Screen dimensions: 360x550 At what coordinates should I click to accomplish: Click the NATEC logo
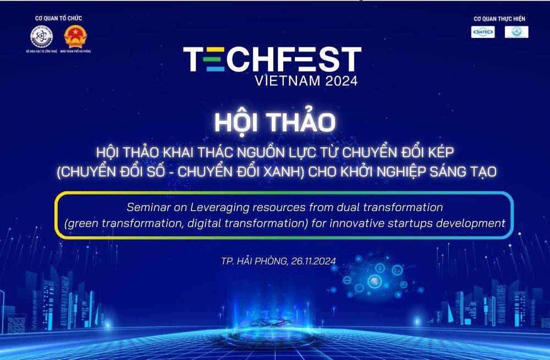tap(483, 32)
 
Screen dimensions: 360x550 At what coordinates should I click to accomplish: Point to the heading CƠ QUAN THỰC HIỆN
tap(499, 19)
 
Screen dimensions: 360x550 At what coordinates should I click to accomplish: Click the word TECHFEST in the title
tap(272, 60)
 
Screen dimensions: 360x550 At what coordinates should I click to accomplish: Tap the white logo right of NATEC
tap(516, 32)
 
